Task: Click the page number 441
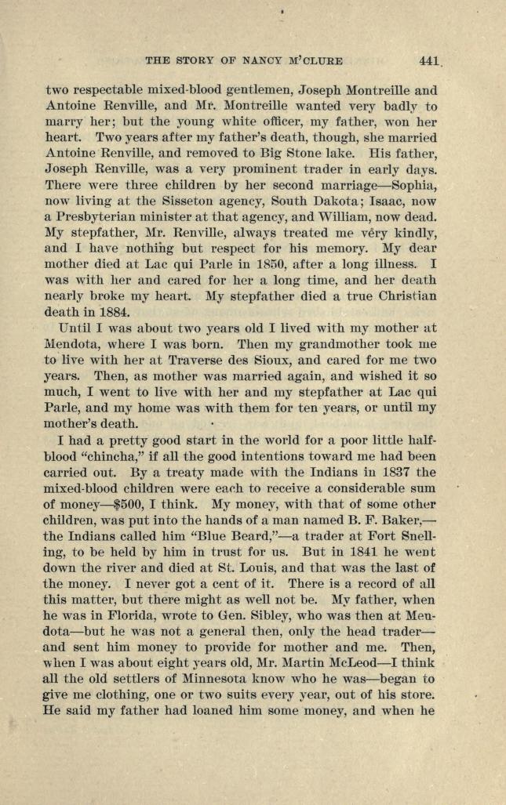(x=431, y=60)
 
